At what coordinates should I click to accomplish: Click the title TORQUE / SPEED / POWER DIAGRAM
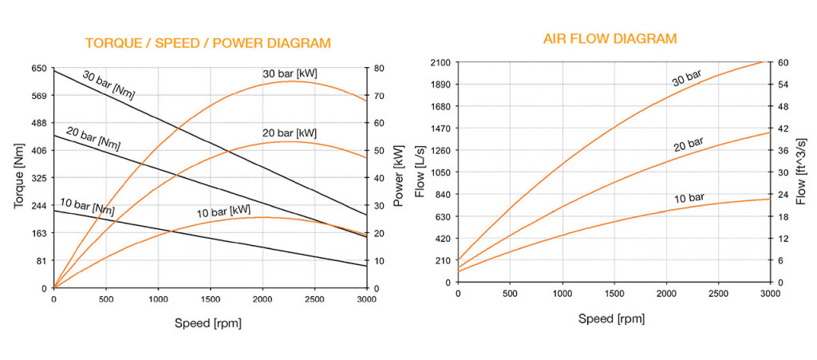[207, 42]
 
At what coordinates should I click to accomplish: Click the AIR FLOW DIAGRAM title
[610, 38]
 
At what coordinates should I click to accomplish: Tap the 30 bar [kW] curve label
[290, 73]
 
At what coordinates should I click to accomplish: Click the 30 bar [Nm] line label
[109, 84]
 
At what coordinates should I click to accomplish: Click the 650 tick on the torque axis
[37, 69]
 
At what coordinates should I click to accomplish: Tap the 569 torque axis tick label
[37, 96]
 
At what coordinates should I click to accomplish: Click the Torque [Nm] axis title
[18, 180]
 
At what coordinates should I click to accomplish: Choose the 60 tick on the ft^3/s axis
[783, 62]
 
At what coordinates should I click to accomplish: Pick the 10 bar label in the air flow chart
[689, 196]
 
